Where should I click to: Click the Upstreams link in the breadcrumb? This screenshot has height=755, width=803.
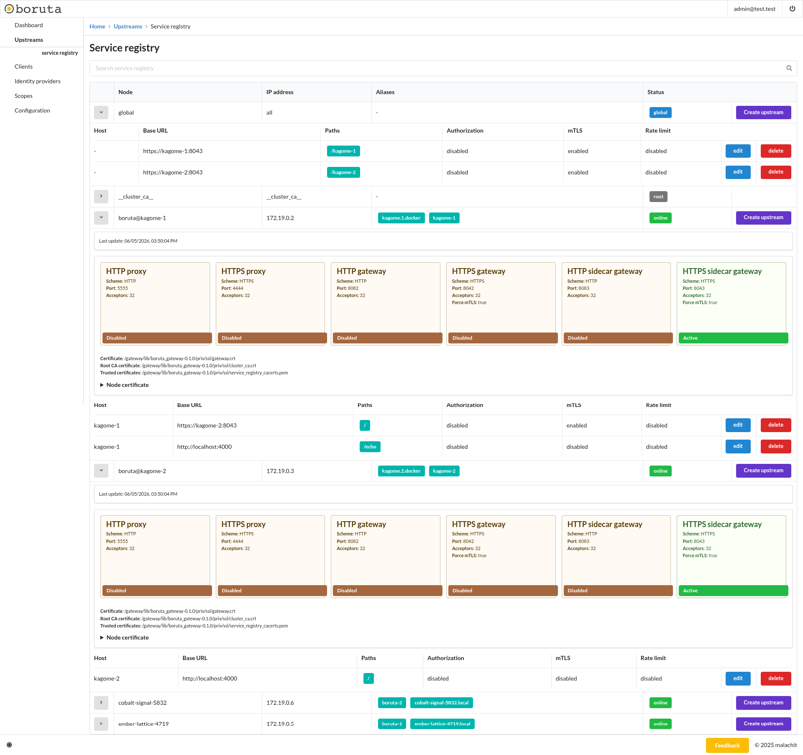[128, 26]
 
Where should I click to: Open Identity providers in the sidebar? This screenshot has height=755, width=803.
[38, 81]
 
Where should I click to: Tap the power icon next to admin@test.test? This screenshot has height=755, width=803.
[792, 9]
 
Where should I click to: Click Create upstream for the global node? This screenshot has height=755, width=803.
[763, 113]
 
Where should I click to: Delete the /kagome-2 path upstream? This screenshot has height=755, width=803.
[775, 172]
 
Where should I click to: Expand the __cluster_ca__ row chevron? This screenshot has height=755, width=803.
[101, 197]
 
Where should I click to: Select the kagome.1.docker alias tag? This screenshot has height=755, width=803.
[401, 218]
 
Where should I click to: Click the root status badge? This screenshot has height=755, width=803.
[658, 197]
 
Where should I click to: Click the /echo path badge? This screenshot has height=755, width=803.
[370, 447]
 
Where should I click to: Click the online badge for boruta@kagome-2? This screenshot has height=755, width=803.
[660, 471]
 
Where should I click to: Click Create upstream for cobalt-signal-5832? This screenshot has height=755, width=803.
[763, 703]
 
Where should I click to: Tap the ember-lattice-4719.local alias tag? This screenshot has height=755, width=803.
[442, 724]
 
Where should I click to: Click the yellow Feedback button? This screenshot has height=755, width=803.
[727, 745]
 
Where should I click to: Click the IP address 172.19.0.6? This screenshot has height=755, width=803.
[280, 703]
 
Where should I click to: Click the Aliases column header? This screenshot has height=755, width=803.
[385, 92]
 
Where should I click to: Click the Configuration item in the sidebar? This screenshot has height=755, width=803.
[32, 110]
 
